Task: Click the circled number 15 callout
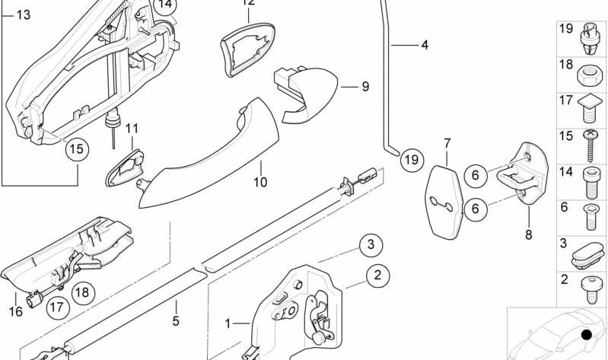77,149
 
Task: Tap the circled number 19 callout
412,160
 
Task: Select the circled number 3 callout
371,245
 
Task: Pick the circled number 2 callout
377,276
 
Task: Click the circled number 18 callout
83,292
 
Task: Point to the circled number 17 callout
57,307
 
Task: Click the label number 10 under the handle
260,182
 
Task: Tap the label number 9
365,87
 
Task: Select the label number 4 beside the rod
425,45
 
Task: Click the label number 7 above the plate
447,144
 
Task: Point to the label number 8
529,234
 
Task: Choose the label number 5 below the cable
176,321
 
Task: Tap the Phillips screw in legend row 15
590,145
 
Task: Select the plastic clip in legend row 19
590,38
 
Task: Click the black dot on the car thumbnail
587,335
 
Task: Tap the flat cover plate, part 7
444,202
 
